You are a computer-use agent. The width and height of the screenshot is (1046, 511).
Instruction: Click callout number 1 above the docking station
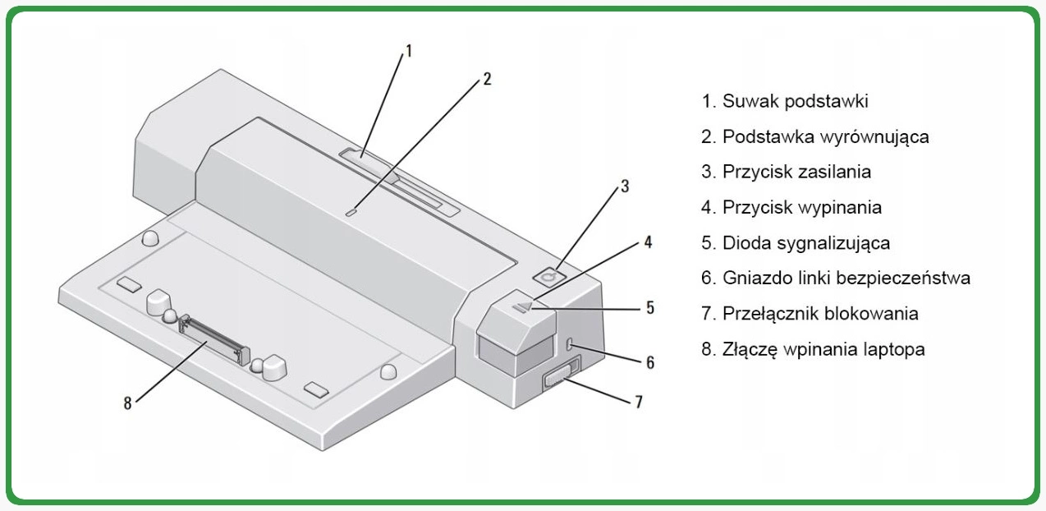[x=408, y=52]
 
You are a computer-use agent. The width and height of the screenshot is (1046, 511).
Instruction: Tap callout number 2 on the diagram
[x=487, y=79]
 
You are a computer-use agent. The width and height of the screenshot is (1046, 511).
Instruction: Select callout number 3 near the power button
[x=625, y=186]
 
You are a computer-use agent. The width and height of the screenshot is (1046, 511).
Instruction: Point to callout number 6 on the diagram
[x=649, y=361]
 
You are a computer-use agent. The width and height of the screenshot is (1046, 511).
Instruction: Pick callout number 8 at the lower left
[x=127, y=403]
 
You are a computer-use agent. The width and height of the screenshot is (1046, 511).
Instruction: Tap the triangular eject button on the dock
[x=523, y=306]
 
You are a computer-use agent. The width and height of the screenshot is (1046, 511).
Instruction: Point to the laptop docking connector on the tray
[x=216, y=338]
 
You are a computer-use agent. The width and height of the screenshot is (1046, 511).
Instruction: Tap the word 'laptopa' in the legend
[x=889, y=349]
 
